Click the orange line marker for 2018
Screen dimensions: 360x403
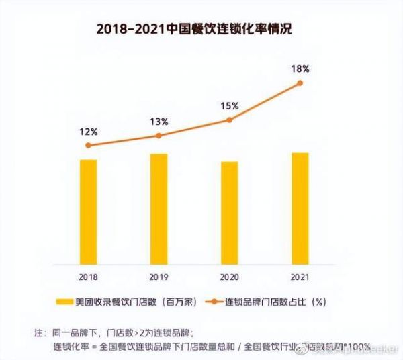[88, 145]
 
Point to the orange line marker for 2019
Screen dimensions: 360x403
[159, 136]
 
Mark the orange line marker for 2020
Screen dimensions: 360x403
[229, 120]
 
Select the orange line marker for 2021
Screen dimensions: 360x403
[300, 83]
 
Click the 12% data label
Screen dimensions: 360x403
[88, 131]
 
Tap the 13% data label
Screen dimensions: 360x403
[159, 122]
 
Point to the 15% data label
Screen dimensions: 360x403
[230, 105]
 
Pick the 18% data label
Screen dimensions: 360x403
[300, 69]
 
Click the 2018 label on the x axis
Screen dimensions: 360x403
[88, 276]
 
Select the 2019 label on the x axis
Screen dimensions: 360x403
[159, 276]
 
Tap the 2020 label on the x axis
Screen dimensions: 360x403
[229, 276]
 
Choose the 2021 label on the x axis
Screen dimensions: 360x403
[300, 276]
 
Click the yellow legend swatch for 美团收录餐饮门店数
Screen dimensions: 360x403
[64, 302]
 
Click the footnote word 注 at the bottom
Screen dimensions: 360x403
[38, 333]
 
